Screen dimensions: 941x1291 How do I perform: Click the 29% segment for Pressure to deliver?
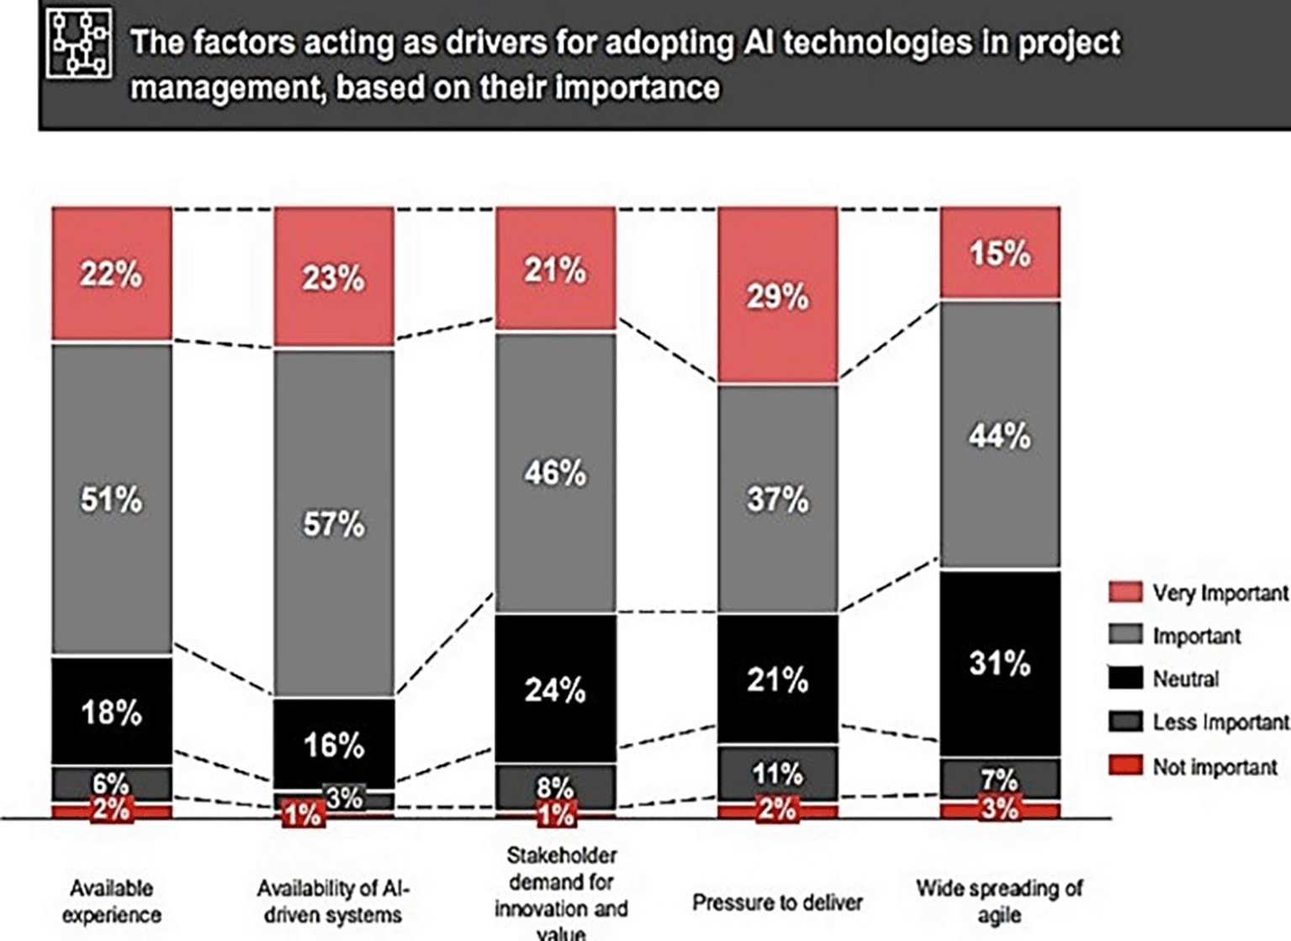click(777, 296)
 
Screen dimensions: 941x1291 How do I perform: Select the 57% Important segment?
click(334, 523)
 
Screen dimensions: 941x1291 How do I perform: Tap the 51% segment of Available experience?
click(112, 499)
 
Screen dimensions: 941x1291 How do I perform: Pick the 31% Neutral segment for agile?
click(1000, 663)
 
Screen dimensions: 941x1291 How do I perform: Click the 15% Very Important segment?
click(1000, 252)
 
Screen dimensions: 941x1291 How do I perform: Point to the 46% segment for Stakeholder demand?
click(555, 473)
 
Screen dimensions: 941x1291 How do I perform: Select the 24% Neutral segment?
click(555, 690)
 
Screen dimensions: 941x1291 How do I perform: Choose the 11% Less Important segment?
click(777, 772)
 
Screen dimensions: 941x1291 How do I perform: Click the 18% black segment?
click(112, 711)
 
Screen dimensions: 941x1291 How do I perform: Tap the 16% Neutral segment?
click(334, 744)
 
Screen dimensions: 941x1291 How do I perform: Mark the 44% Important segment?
click(1000, 435)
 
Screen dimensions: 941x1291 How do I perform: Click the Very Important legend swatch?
click(1125, 592)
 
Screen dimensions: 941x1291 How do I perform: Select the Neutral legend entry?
click(1185, 679)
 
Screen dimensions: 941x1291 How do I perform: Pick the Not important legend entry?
click(1214, 767)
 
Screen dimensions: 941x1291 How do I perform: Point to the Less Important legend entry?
click(1219, 722)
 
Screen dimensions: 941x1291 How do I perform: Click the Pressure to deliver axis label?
click(777, 902)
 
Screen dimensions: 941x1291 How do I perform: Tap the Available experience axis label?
click(112, 901)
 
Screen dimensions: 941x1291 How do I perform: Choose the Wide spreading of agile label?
click(1000, 901)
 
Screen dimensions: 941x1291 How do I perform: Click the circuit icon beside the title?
click(79, 44)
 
